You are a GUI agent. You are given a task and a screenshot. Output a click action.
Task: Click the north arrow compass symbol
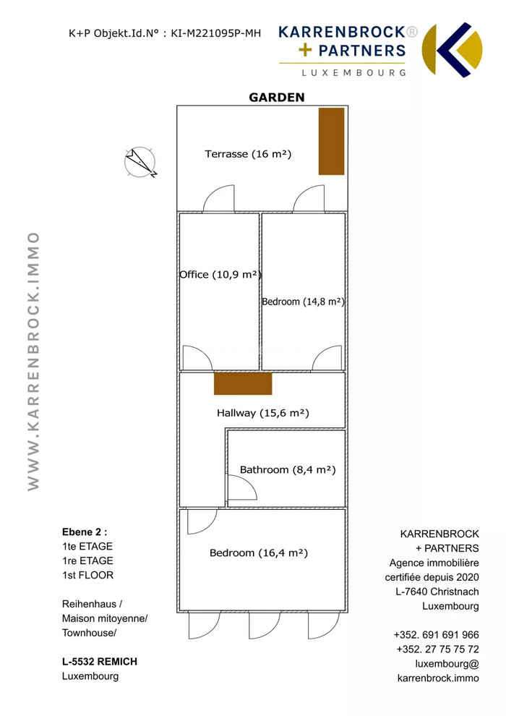[140, 162]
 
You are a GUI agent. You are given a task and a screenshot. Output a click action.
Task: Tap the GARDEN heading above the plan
[277, 97]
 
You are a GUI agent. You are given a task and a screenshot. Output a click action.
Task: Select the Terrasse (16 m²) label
[248, 154]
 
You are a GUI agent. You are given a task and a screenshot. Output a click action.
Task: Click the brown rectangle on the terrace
[331, 141]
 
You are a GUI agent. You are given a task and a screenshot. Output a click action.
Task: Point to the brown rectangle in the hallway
[243, 383]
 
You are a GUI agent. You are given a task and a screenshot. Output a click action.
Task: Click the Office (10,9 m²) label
[220, 274]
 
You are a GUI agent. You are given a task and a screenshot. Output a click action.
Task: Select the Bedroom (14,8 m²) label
[303, 302]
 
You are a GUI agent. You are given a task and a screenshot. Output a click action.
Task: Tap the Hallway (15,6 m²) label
[263, 413]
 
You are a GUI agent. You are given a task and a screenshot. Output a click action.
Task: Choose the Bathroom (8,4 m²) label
[288, 470]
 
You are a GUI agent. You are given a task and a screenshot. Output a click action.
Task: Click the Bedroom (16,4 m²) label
[259, 553]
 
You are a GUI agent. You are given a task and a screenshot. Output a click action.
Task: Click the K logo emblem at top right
[452, 50]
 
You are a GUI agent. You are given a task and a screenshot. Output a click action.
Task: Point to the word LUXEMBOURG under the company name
[353, 72]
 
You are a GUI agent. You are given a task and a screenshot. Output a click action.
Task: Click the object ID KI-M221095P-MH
[216, 33]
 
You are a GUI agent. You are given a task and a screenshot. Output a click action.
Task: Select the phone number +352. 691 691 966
[436, 635]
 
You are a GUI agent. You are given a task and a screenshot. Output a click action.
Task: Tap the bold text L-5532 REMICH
[100, 662]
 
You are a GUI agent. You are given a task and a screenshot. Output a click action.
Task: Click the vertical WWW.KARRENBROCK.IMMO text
[33, 361]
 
